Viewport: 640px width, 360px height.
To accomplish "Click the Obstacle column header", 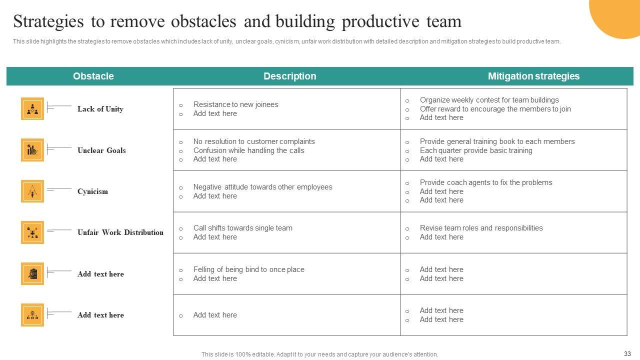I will [x=93, y=76].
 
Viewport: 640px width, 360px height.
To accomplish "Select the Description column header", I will [x=289, y=76].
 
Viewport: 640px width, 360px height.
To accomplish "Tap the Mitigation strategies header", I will [x=533, y=76].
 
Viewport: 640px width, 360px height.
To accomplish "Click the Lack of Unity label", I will [x=100, y=109].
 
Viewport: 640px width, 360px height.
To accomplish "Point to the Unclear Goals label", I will [x=101, y=150].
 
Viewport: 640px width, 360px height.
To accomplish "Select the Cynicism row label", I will [x=92, y=191].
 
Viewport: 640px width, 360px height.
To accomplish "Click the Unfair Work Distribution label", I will [x=120, y=232].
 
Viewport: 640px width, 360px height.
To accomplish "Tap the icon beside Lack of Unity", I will [x=32, y=109].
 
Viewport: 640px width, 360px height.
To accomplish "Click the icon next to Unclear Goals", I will [x=32, y=150].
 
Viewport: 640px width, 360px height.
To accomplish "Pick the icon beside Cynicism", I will [x=32, y=191].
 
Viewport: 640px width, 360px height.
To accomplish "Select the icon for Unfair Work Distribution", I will [x=32, y=232].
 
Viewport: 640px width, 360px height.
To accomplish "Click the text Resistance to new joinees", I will [x=235, y=104].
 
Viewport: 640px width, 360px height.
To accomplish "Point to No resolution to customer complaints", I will [x=254, y=141].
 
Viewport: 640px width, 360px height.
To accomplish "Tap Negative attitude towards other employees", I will [x=262, y=187].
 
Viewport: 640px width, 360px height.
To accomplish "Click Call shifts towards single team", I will [x=242, y=228].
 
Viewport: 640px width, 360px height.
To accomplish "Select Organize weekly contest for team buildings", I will [x=489, y=100].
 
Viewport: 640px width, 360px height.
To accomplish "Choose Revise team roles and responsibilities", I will [x=481, y=228].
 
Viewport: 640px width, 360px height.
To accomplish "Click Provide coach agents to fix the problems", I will [x=486, y=182].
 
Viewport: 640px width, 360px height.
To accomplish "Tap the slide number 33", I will [x=627, y=353].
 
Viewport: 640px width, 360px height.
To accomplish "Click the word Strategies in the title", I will [x=48, y=21].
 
